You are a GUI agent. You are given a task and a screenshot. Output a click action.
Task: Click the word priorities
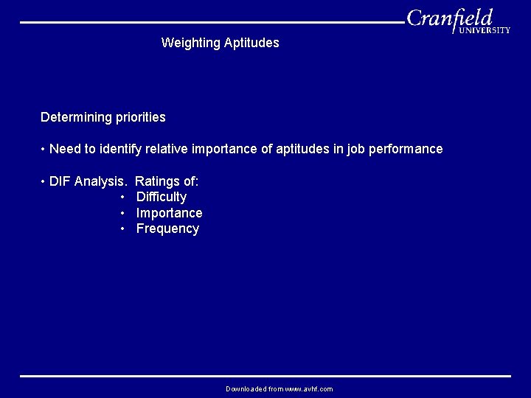pyautogui.click(x=140, y=117)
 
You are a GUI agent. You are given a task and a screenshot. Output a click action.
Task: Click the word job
pyautogui.click(x=356, y=149)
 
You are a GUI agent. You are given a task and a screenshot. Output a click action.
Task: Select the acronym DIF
pyautogui.click(x=60, y=181)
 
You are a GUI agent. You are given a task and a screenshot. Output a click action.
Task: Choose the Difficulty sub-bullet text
pyautogui.click(x=162, y=197)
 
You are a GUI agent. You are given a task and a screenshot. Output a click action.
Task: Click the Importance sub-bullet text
pyautogui.click(x=169, y=213)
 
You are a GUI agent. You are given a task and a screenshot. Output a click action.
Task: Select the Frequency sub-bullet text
pyautogui.click(x=167, y=228)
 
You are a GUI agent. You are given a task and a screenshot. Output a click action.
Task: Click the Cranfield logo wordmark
pyautogui.click(x=450, y=18)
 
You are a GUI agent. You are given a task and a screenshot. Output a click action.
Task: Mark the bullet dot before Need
pyautogui.click(x=44, y=150)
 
